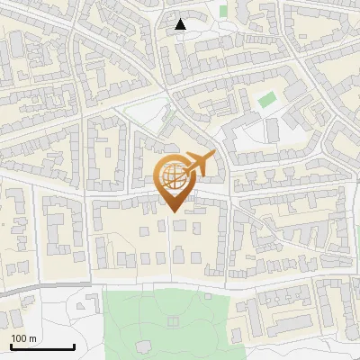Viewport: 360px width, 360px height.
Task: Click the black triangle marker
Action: pos(181,24)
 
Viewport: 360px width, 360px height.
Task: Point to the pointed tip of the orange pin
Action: pos(175,211)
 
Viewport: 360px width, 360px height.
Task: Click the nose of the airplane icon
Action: pos(214,155)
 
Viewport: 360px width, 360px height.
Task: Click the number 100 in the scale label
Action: pos(19,338)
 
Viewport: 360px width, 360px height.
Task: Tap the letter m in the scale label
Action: pos(32,338)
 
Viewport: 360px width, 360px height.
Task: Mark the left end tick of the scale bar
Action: pos(11,346)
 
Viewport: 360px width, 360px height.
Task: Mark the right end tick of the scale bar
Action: pos(75,346)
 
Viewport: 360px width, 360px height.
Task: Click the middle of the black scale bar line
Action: pos(42,347)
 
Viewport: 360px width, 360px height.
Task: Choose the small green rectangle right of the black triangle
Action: pos(223,11)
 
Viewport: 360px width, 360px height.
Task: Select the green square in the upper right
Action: pos(266,100)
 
